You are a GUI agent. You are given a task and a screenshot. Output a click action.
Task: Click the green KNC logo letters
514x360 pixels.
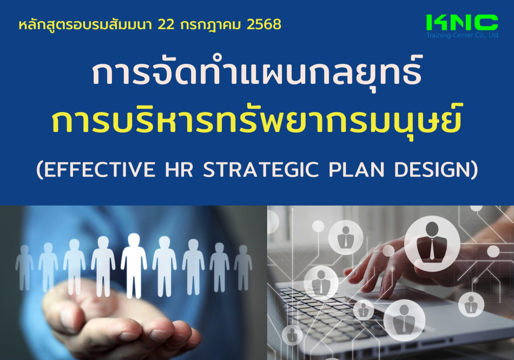pos(462,23)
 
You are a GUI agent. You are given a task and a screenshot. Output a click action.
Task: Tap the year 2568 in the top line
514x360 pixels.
pos(264,24)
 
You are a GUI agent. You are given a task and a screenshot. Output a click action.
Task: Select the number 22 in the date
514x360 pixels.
pos(166,24)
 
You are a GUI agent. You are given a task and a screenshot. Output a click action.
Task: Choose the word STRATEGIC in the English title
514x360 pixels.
pos(261,169)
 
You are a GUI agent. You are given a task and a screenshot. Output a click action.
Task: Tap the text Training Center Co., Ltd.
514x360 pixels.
pos(463,35)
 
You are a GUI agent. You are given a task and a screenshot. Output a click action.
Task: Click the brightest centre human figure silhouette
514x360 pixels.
pos(134,266)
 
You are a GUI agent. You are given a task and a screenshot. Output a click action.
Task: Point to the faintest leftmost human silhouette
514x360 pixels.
pos(24,267)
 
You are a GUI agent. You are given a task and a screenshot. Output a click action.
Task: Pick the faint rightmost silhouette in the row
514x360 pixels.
pos(243,267)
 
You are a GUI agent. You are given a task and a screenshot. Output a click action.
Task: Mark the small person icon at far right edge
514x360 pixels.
pos(471,304)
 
